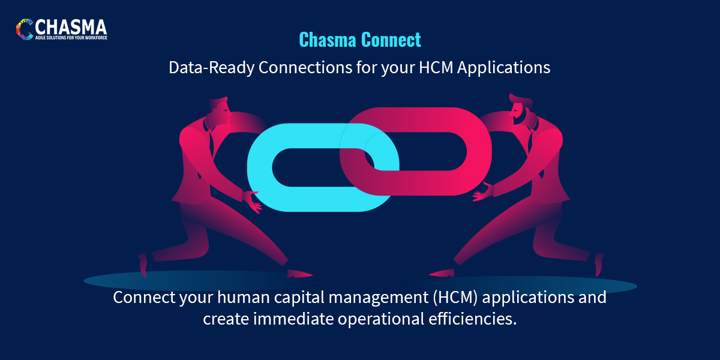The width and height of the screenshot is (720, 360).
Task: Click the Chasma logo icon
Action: (26, 29)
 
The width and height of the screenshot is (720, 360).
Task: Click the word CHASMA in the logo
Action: (71, 26)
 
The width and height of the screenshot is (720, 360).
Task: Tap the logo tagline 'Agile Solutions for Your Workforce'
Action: (71, 37)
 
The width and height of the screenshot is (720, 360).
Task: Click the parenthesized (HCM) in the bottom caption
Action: (453, 298)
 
